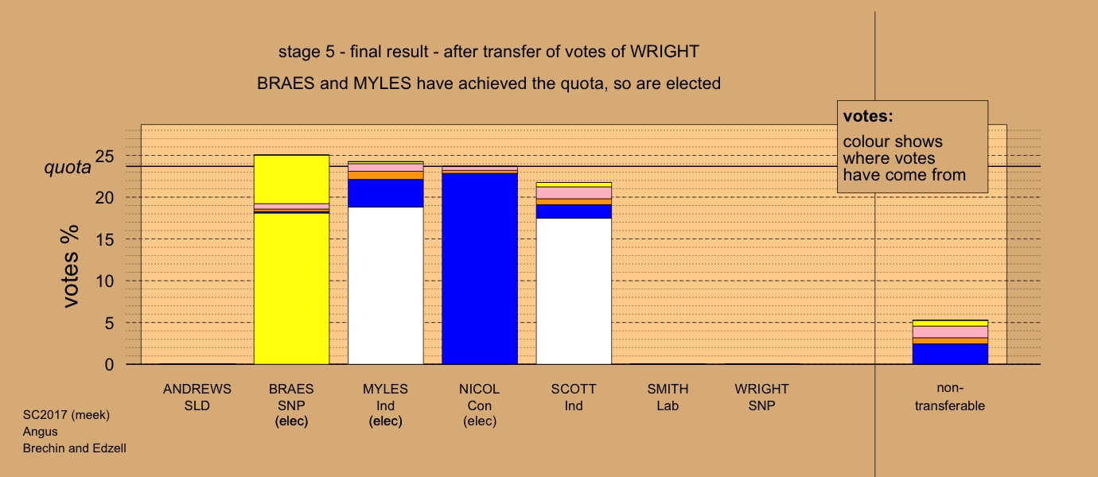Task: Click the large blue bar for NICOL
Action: click(480, 269)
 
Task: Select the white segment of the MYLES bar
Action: click(385, 285)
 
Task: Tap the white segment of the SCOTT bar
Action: click(574, 291)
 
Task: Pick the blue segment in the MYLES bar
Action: click(385, 193)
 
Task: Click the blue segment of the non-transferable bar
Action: click(950, 354)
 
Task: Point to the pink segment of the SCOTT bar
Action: click(574, 192)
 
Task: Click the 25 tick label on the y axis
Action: click(104, 157)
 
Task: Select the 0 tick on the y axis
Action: click(109, 364)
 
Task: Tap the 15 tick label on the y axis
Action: click(104, 239)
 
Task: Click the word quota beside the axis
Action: click(67, 168)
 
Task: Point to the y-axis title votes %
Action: click(70, 266)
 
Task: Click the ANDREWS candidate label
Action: click(197, 389)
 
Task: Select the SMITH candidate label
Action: click(668, 389)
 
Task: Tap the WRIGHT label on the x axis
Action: click(761, 389)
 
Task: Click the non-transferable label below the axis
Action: click(950, 397)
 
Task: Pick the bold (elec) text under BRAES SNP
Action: click(291, 421)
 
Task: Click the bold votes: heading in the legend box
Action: click(868, 116)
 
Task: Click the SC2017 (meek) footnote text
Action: click(66, 415)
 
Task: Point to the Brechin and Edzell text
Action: click(75, 448)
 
